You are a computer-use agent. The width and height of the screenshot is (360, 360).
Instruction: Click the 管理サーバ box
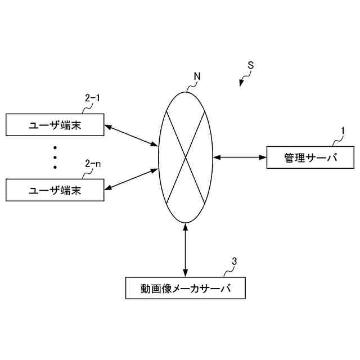coord(310,158)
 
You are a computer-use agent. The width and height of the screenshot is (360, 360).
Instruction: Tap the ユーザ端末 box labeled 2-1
coord(55,125)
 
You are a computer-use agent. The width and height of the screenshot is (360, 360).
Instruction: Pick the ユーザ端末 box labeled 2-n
coord(55,190)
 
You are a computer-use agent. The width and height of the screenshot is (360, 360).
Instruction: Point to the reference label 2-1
coord(92,98)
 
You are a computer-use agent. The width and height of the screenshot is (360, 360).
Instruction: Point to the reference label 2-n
coord(93,164)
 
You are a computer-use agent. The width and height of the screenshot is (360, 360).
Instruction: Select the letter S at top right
coord(250,65)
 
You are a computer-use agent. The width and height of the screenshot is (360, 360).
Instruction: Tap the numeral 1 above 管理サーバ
coord(343,131)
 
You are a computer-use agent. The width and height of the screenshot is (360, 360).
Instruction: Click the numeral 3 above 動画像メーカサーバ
coord(235,261)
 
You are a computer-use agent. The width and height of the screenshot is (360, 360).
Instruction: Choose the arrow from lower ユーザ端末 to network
coord(131,178)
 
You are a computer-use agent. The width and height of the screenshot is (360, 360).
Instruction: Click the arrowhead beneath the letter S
coord(241,83)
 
